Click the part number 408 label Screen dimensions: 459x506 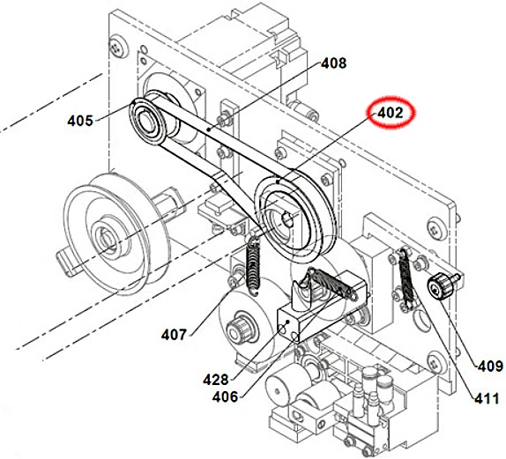[x=333, y=63]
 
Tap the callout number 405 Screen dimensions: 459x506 [x=80, y=121]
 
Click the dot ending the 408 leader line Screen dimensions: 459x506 [x=209, y=129]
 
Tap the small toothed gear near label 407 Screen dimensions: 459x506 [x=236, y=333]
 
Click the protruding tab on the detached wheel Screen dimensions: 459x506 [x=67, y=259]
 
